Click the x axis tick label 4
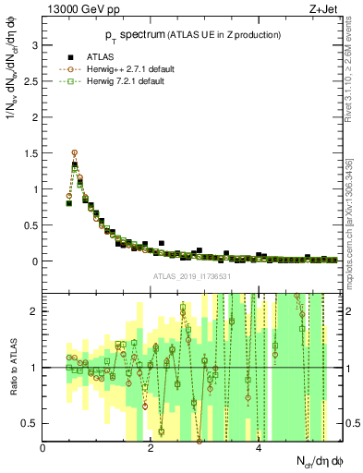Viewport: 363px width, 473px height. [x=259, y=448]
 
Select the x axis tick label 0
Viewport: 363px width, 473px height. [x=43, y=448]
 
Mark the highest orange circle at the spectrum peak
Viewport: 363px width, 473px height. [x=75, y=153]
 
